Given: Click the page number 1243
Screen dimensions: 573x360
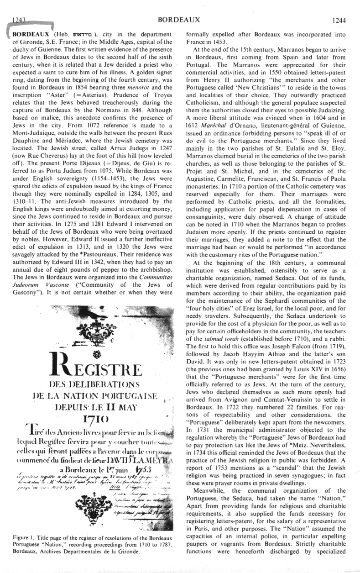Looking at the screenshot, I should (21, 20).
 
